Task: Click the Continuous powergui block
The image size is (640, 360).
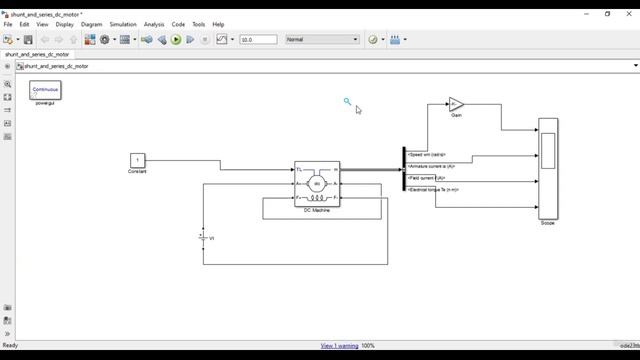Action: (x=45, y=90)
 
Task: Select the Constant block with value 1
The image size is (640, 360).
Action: (x=138, y=160)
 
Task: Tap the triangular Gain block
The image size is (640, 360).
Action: (x=456, y=104)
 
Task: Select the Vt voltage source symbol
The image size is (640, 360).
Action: (x=203, y=237)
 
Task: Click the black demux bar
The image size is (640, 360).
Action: (x=404, y=169)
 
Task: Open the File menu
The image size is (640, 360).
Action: (x=8, y=24)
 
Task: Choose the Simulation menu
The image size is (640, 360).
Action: (x=123, y=24)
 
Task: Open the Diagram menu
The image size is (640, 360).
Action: (x=91, y=24)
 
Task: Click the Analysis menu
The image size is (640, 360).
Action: (x=154, y=24)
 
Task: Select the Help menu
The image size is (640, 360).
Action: (x=218, y=24)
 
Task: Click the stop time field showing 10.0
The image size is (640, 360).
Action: (x=258, y=40)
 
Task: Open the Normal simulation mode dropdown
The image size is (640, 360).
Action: (x=321, y=40)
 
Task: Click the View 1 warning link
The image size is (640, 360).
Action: (x=339, y=346)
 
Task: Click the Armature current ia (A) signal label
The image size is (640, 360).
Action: (x=432, y=166)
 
